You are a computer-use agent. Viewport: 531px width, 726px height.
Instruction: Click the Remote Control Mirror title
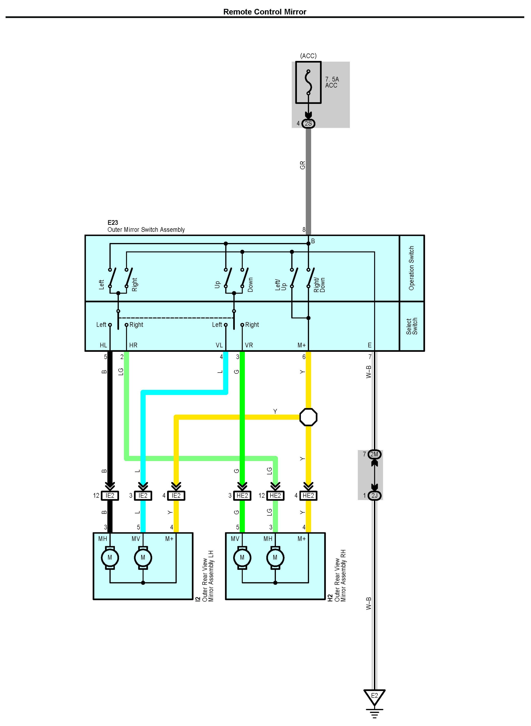(x=265, y=12)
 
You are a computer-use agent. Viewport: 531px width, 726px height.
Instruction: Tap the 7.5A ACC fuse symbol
(x=308, y=82)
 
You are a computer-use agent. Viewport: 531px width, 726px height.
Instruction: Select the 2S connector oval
(x=308, y=123)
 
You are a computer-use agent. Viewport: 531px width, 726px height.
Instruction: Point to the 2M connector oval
(x=374, y=454)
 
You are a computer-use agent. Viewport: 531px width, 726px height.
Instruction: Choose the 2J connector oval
(x=374, y=495)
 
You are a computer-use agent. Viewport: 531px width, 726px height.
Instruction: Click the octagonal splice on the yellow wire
(x=308, y=417)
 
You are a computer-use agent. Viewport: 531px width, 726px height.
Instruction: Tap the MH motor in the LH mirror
(x=110, y=557)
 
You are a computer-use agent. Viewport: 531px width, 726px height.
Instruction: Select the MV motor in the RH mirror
(x=242, y=557)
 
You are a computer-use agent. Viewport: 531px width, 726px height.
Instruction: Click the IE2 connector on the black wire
(x=110, y=495)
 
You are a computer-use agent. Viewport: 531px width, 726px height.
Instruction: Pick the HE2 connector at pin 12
(x=275, y=495)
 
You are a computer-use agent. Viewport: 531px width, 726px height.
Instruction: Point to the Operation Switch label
(x=412, y=268)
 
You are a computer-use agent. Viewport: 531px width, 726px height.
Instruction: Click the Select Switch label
(x=412, y=326)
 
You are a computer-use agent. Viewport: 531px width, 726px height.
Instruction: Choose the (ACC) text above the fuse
(x=308, y=56)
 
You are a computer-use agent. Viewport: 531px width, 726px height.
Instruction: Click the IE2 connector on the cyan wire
(x=143, y=495)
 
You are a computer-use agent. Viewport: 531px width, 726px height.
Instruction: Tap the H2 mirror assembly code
(x=330, y=598)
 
